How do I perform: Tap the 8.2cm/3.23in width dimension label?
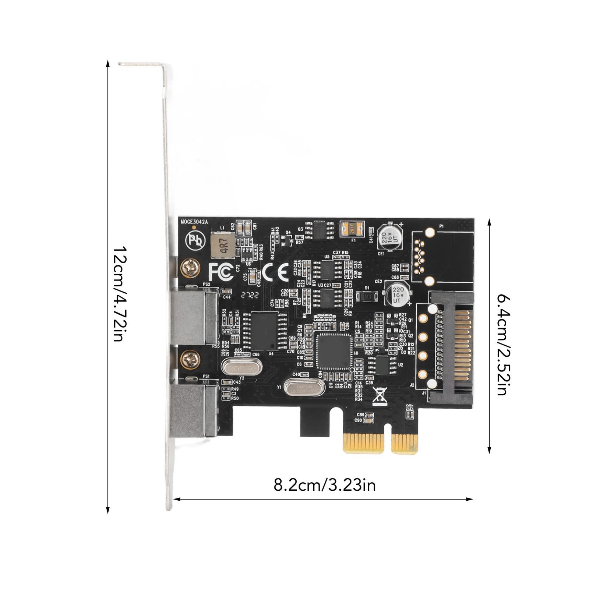click(x=324, y=485)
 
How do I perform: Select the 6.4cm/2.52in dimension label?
click(x=503, y=344)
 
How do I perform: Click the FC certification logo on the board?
click(x=221, y=272)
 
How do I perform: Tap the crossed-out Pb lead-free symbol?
click(x=195, y=240)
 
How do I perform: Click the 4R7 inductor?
click(x=223, y=245)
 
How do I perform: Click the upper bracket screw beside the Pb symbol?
click(x=190, y=268)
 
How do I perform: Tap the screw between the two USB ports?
click(x=190, y=359)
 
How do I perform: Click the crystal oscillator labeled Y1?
click(x=304, y=388)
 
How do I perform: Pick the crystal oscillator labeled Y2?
click(x=241, y=367)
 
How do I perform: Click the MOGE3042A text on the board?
click(x=194, y=222)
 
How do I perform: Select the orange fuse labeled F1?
click(x=352, y=229)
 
